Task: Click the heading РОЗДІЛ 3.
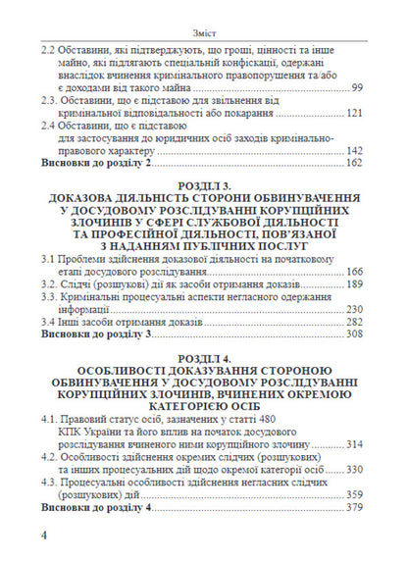[x=203, y=185]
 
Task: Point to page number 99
[x=357, y=89]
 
